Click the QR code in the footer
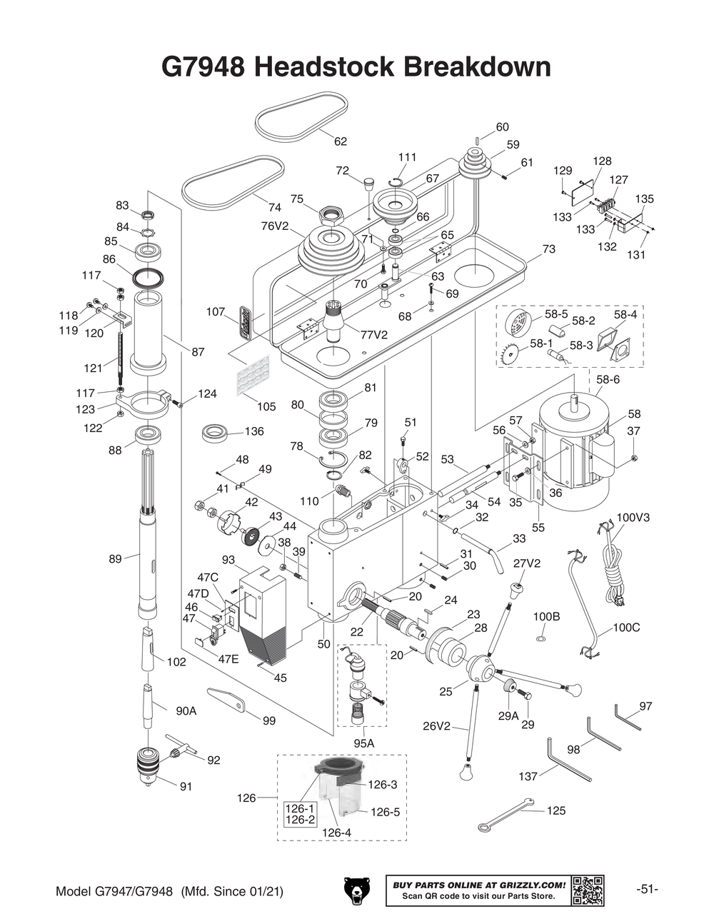[588, 890]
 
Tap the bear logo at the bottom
[355, 891]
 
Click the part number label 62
[341, 141]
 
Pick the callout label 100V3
[633, 516]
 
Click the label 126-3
[383, 784]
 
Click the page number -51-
[647, 890]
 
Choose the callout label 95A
[363, 743]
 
